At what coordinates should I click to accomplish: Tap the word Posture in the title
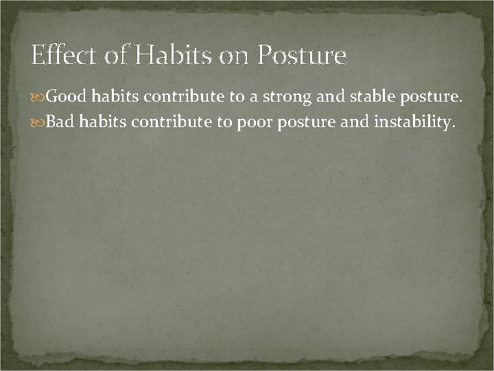tap(302, 55)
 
